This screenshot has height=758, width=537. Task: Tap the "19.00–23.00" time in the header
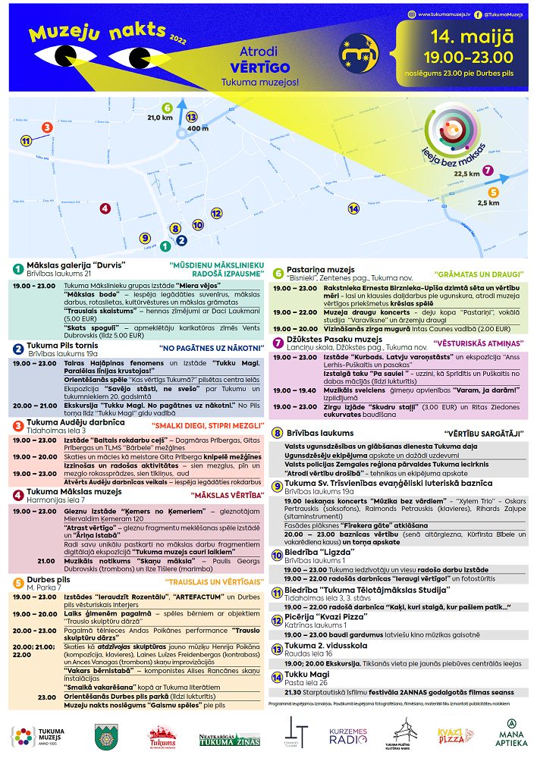tap(463, 57)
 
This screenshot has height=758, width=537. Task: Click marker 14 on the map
tap(353, 208)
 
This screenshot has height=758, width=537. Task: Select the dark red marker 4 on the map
tap(105, 208)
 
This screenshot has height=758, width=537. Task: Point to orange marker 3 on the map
tap(47, 127)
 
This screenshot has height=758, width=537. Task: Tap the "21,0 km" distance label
tap(160, 117)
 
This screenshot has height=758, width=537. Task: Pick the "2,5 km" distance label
tap(488, 203)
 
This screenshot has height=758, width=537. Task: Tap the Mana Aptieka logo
tap(512, 734)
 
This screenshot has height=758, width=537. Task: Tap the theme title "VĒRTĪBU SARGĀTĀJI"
tap(486, 433)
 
